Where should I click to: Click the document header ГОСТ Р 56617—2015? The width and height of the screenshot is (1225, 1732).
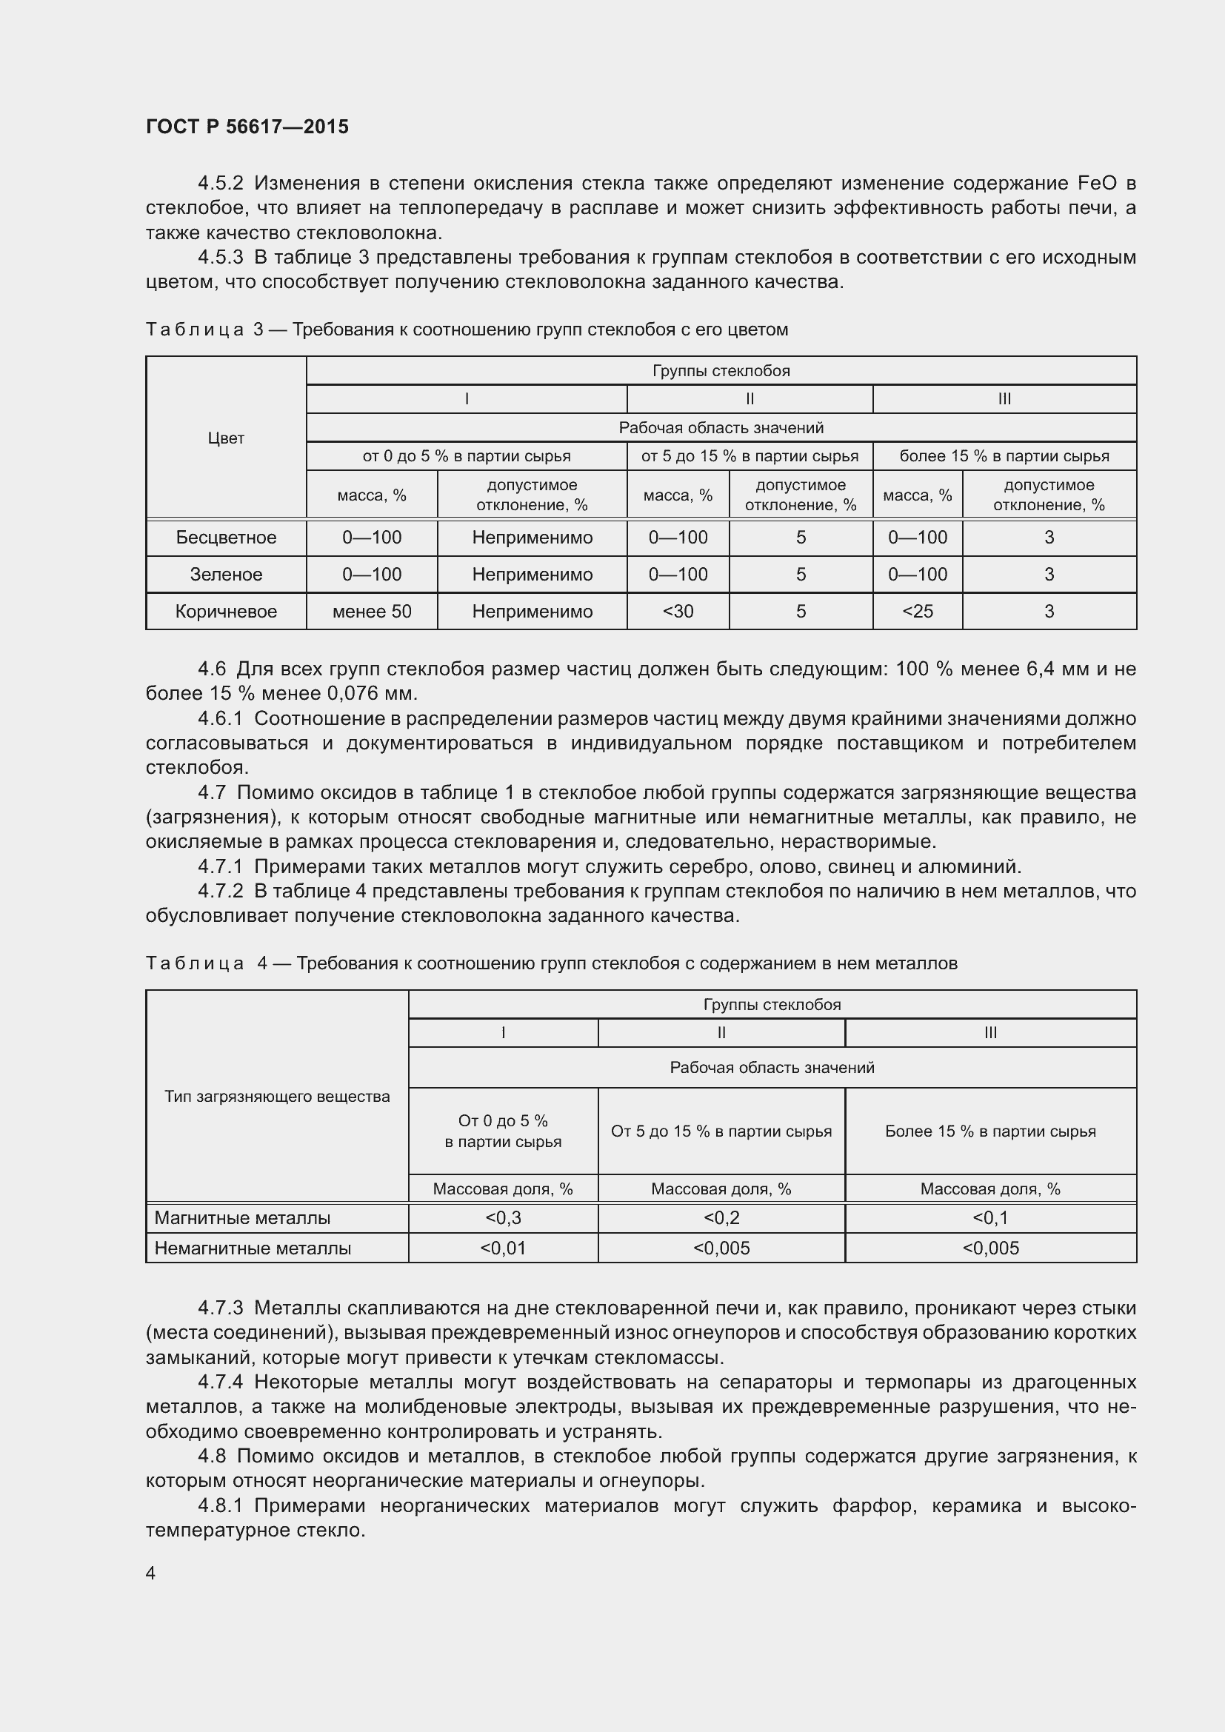[247, 127]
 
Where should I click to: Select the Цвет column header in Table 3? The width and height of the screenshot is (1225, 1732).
[226, 438]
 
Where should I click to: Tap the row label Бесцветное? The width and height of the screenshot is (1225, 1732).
[226, 538]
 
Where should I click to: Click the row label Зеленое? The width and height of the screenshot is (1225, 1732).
[226, 575]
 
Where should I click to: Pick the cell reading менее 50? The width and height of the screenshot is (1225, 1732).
[371, 612]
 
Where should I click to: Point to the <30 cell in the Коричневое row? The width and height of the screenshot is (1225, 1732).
[678, 612]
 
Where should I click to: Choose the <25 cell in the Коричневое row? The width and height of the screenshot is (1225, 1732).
[917, 612]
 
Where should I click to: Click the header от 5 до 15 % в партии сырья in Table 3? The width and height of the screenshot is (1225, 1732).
[749, 456]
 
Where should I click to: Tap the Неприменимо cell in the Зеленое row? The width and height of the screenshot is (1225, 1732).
[532, 575]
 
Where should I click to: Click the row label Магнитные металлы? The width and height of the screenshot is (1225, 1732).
[242, 1218]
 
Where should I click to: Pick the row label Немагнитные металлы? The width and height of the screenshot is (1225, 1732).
[253, 1248]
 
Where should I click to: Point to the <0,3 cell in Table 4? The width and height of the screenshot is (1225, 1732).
[502, 1218]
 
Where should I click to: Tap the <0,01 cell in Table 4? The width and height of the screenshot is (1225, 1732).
[502, 1248]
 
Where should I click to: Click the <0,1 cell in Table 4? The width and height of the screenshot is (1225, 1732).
[989, 1218]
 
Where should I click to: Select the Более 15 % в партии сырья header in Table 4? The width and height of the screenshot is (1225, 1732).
[989, 1131]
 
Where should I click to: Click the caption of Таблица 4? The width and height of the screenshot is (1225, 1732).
[550, 963]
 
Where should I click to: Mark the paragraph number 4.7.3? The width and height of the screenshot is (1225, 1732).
[220, 1308]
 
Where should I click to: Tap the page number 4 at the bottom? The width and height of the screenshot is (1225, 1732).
[150, 1573]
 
